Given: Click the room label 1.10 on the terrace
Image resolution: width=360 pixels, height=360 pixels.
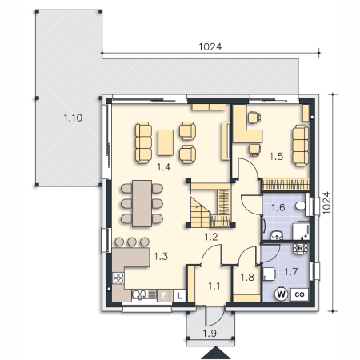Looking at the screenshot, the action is (x=73, y=118).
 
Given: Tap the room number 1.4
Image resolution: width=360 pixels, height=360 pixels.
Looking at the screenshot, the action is (x=163, y=167).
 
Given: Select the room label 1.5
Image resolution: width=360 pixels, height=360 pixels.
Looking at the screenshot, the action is (x=276, y=156).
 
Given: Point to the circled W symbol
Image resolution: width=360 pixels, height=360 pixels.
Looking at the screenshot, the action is (x=281, y=294).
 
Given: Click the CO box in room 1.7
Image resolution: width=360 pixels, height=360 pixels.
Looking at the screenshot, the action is (x=299, y=294).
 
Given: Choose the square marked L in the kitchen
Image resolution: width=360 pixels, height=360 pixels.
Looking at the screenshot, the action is (x=179, y=295).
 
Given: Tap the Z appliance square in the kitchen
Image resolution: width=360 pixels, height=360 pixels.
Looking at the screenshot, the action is (x=163, y=295).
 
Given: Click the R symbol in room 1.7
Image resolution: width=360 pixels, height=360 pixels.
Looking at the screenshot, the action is (x=300, y=248).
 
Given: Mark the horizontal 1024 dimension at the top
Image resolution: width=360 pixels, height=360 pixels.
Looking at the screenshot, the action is (x=210, y=47).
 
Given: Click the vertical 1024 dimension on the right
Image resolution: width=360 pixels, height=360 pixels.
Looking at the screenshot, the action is (x=326, y=202).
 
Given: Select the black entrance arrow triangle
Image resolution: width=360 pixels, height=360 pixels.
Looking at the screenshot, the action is (x=215, y=353).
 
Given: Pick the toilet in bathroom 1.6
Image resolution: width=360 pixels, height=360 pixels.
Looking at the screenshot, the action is (x=301, y=206).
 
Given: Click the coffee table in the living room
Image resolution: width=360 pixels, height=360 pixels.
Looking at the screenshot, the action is (x=166, y=142).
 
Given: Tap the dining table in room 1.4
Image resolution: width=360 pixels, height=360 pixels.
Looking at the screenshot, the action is (x=142, y=203).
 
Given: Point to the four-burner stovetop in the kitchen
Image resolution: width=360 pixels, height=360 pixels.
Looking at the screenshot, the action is (x=118, y=278).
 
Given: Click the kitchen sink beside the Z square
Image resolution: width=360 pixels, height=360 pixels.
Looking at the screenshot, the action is (x=144, y=295).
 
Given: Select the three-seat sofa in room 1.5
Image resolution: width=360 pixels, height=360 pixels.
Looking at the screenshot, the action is (x=301, y=146).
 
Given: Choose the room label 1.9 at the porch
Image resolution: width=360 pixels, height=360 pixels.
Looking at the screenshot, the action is (x=210, y=334).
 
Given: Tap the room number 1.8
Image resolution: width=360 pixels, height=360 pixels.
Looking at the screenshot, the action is (x=247, y=278).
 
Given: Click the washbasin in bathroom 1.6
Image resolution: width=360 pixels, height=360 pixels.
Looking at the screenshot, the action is (x=278, y=235).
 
